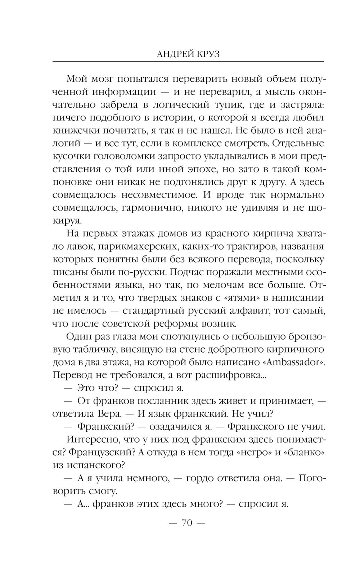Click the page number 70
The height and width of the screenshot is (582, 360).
coord(187,523)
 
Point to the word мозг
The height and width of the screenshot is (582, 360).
coord(107,79)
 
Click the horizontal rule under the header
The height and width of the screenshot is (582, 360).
coord(188,62)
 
